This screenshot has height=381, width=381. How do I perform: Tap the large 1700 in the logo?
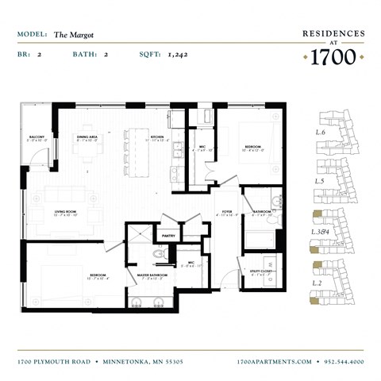[333, 56]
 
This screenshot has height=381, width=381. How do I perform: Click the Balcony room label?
[37, 138]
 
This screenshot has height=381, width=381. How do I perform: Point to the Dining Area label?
[87, 138]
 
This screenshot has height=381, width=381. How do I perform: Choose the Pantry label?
[168, 236]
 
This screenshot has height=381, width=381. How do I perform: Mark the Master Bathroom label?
[150, 276]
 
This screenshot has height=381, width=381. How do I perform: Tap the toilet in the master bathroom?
[157, 254]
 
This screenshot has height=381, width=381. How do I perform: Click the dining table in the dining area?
[87, 156]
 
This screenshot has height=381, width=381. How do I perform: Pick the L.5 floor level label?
[321, 182]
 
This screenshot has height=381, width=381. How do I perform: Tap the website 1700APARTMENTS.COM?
[274, 361]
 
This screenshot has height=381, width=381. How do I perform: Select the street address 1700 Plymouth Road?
[55, 361]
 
